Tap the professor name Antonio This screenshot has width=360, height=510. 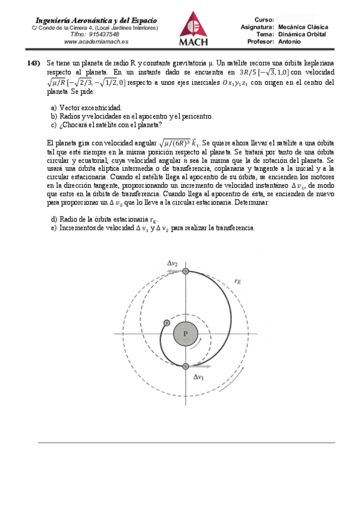pos(290,42)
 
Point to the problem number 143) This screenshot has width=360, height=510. pos(34,63)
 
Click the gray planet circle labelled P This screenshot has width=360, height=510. pos(186,333)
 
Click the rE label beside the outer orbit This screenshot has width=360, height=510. pos(238,280)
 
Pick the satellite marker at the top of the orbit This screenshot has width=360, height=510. pos(186,272)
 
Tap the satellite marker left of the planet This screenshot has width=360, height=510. pos(166,324)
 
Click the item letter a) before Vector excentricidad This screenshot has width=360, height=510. pos(54,107)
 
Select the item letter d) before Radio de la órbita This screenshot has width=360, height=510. pos(55,220)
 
